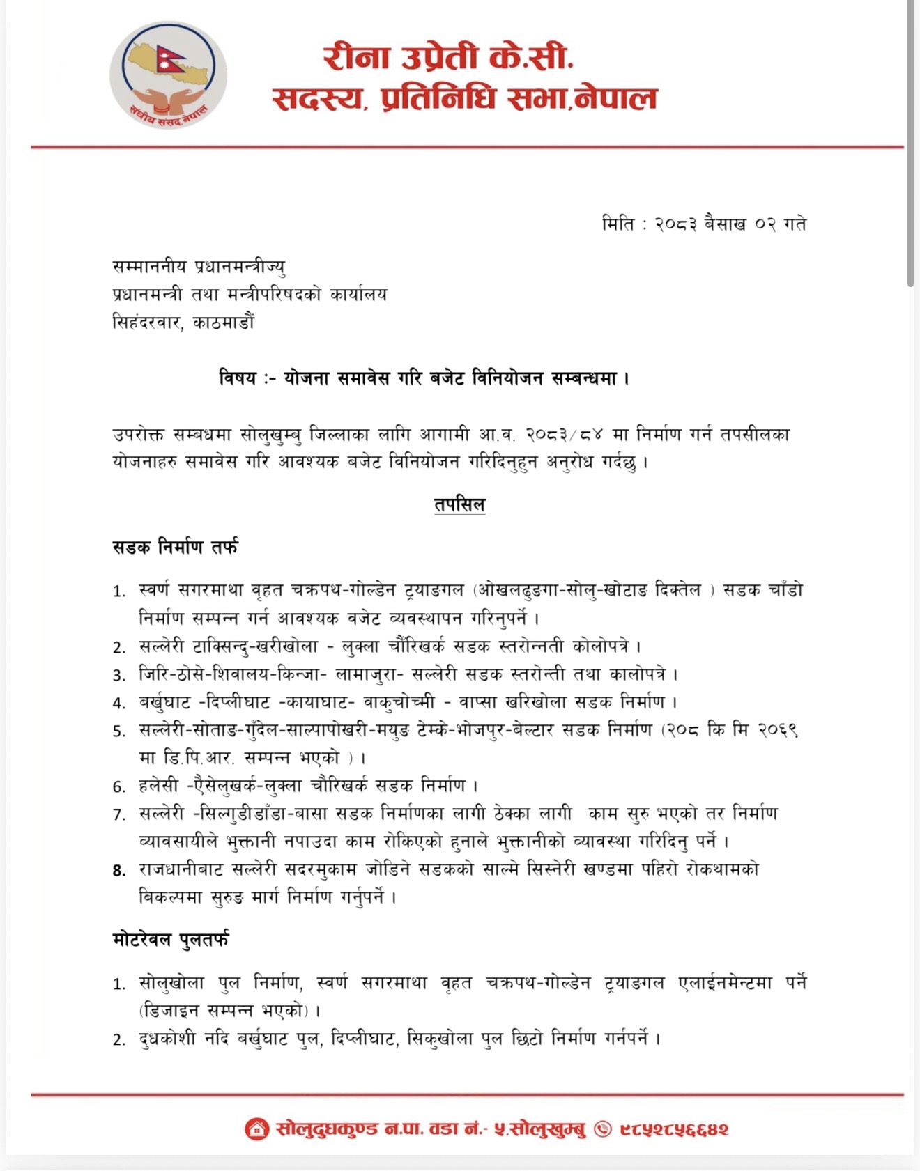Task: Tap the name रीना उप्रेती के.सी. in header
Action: coord(448,58)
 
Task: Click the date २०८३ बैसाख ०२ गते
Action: coord(730,224)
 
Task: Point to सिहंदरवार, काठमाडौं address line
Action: coord(183,323)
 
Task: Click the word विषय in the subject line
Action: coord(238,379)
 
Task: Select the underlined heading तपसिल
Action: coord(459,505)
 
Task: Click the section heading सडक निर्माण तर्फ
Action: coord(175,548)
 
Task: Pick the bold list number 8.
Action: coord(119,870)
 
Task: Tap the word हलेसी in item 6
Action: coord(161,786)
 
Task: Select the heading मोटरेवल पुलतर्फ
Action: coord(171,940)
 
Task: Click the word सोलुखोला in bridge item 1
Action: coord(171,983)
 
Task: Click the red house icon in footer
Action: coord(256,1129)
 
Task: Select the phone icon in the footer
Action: coord(602,1129)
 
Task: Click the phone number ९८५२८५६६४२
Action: coord(674,1129)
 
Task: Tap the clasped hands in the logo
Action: coord(168,99)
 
